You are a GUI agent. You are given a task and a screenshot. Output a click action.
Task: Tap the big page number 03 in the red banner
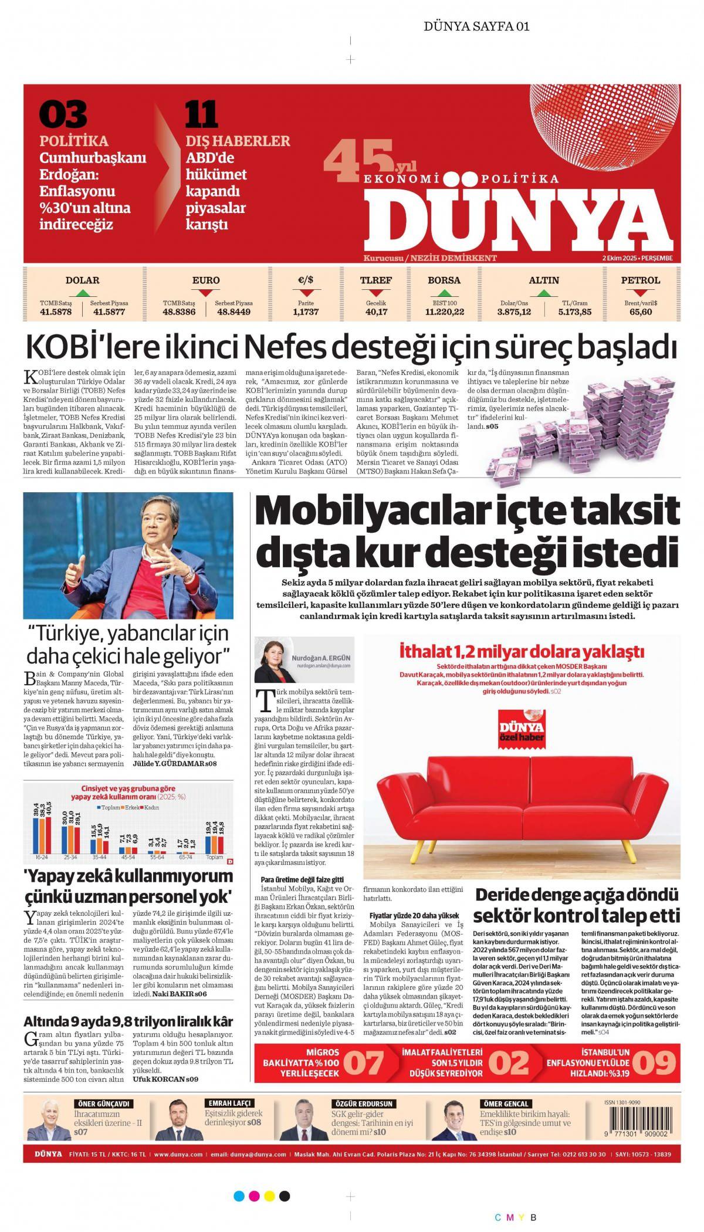point(63,114)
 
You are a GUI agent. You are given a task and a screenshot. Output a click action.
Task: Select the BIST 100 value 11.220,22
point(444,312)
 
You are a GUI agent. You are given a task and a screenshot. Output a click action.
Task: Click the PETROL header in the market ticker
point(640,280)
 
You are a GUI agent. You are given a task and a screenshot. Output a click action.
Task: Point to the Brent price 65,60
point(641,312)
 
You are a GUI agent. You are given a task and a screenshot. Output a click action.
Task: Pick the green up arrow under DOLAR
point(83,293)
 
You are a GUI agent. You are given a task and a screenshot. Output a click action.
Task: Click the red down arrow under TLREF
point(376,293)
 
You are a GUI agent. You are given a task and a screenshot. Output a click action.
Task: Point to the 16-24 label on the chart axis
point(42,857)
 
